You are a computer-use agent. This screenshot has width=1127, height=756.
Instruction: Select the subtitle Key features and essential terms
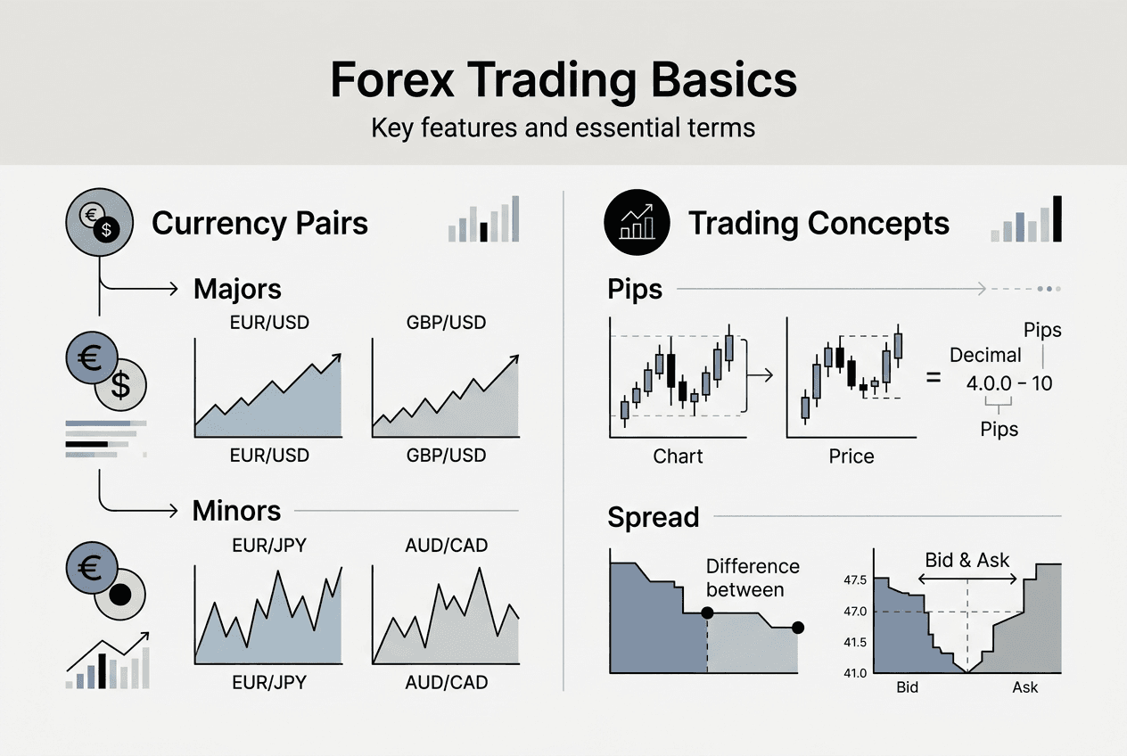coord(563,127)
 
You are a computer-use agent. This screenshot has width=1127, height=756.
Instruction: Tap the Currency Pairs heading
coord(259,223)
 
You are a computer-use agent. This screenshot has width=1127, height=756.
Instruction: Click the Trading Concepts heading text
coord(819,223)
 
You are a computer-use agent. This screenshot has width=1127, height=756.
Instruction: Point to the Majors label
coord(237,289)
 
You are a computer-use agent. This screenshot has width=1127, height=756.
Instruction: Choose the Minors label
coord(236,511)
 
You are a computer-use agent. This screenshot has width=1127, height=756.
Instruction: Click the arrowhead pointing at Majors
coord(174,288)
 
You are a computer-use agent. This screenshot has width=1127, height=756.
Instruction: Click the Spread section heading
coord(653,517)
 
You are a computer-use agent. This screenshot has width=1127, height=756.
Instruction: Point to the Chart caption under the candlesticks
coord(678,456)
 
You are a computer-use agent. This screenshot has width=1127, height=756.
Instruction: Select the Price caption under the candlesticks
coord(851,456)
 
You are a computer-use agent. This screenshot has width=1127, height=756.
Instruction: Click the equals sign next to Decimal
coord(934,377)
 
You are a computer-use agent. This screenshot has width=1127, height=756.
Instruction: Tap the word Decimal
coord(985,355)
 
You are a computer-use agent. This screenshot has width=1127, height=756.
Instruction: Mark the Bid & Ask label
coord(967,560)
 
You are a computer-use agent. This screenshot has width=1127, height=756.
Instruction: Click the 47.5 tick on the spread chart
coord(854,580)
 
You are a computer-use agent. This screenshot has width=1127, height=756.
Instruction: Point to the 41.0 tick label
coord(854,673)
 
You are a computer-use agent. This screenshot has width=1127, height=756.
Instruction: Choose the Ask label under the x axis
coord(1025,688)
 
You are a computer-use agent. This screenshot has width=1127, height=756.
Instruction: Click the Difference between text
coord(753,578)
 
